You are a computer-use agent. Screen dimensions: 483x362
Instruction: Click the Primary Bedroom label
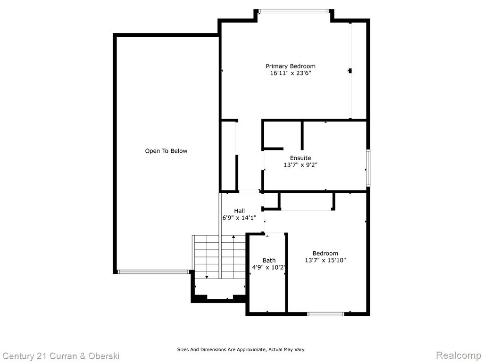pos(291,66)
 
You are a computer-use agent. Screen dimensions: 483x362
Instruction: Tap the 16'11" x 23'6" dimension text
pos(291,73)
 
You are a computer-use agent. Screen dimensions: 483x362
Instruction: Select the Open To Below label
pos(166,151)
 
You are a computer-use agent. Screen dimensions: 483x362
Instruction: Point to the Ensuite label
pos(300,158)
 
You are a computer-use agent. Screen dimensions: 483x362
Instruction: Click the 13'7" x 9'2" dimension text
pos(300,165)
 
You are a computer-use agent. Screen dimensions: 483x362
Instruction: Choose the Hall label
pos(239,211)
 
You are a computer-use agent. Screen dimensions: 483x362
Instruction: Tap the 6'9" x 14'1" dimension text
pos(239,218)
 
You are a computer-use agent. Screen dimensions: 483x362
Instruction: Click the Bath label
pos(269,260)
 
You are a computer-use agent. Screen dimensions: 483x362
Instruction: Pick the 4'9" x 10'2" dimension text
pos(268,268)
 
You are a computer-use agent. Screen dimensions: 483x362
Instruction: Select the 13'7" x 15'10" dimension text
pos(325,260)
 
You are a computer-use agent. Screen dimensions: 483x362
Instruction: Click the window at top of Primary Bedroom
pos(293,11)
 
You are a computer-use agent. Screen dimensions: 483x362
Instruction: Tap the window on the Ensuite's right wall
pos(368,168)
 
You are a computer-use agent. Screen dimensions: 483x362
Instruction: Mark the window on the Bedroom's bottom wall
pos(325,314)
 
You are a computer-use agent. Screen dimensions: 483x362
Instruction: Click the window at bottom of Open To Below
pos(153,272)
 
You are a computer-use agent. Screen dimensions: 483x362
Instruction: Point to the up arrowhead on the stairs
pos(233,237)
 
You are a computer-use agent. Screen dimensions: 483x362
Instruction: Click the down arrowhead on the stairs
pos(207,277)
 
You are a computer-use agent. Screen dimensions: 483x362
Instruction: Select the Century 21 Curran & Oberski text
pos(61,356)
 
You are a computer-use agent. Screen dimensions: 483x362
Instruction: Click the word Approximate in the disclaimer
pos(252,350)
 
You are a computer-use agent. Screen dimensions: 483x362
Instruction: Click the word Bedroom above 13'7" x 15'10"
pos(325,253)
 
